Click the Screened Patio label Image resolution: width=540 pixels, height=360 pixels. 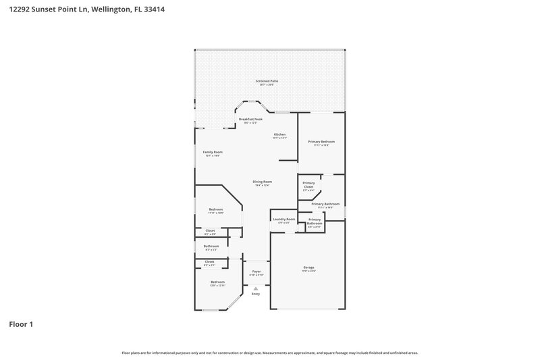tap(267, 81)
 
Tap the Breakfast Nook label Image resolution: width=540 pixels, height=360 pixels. tap(250, 119)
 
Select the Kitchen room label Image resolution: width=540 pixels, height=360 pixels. tap(279, 134)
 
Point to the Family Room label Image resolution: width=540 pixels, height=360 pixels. tap(213, 152)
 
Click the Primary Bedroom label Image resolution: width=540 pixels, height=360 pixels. tap(321, 141)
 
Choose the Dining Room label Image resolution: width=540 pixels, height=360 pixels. tap(262, 182)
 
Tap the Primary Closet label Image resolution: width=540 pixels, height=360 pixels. tap(308, 184)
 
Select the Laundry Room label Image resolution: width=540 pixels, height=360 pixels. tap(283, 220)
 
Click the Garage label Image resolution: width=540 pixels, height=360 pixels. tap(308, 268)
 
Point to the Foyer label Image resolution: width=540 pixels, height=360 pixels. tap(256, 272)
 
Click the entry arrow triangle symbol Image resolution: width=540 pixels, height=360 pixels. tap(256, 288)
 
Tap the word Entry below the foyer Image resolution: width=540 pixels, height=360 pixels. tap(256, 294)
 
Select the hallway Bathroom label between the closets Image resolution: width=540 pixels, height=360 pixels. tap(211, 246)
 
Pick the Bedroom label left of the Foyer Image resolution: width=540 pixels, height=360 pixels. tap(217, 282)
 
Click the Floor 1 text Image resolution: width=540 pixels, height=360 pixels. tap(21, 324)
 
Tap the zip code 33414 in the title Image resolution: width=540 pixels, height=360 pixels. tap(155, 10)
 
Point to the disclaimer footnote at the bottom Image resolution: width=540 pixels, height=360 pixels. tap(269, 353)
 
